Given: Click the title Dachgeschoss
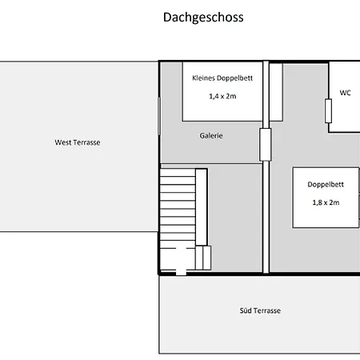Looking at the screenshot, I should pos(203,17).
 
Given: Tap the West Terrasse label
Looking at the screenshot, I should pos(78,142).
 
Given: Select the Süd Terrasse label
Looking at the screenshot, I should pos(260,310).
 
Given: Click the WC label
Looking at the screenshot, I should pos(345,93).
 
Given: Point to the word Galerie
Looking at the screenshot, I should pos(211,136).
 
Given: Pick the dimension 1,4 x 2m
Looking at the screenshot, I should pos(222,96).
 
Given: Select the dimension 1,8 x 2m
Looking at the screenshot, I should pos(326,202).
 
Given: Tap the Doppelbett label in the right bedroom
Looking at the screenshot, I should pos(326,184).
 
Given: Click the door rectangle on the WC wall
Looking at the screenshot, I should pos(328,111).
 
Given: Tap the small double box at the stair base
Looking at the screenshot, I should pos(203,258).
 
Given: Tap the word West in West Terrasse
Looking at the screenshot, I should pos(63,142).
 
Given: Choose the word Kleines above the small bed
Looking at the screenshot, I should pos(206,78).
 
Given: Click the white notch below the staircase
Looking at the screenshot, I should pos(181,271).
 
